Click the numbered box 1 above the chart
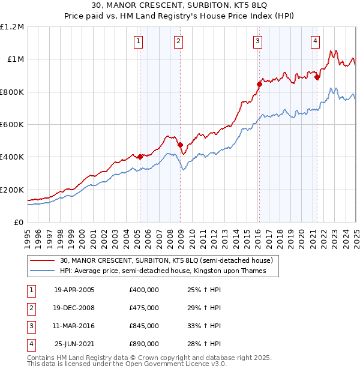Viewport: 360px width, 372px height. pyautogui.click(x=139, y=41)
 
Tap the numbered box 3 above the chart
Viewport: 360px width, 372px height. pyautogui.click(x=257, y=41)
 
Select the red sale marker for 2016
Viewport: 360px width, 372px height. pyautogui.click(x=259, y=85)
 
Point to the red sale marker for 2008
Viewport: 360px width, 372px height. pyautogui.click(x=179, y=145)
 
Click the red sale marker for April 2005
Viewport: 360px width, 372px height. pyautogui.click(x=140, y=157)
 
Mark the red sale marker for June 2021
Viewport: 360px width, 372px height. pyautogui.click(x=317, y=77)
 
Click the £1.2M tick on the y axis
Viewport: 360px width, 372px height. pyautogui.click(x=12, y=27)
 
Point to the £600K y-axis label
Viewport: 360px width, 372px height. pyautogui.click(x=12, y=125)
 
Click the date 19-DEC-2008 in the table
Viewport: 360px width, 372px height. pyautogui.click(x=74, y=308)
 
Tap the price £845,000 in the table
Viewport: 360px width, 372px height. pyautogui.click(x=144, y=326)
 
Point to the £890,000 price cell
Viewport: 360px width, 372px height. pyautogui.click(x=144, y=344)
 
